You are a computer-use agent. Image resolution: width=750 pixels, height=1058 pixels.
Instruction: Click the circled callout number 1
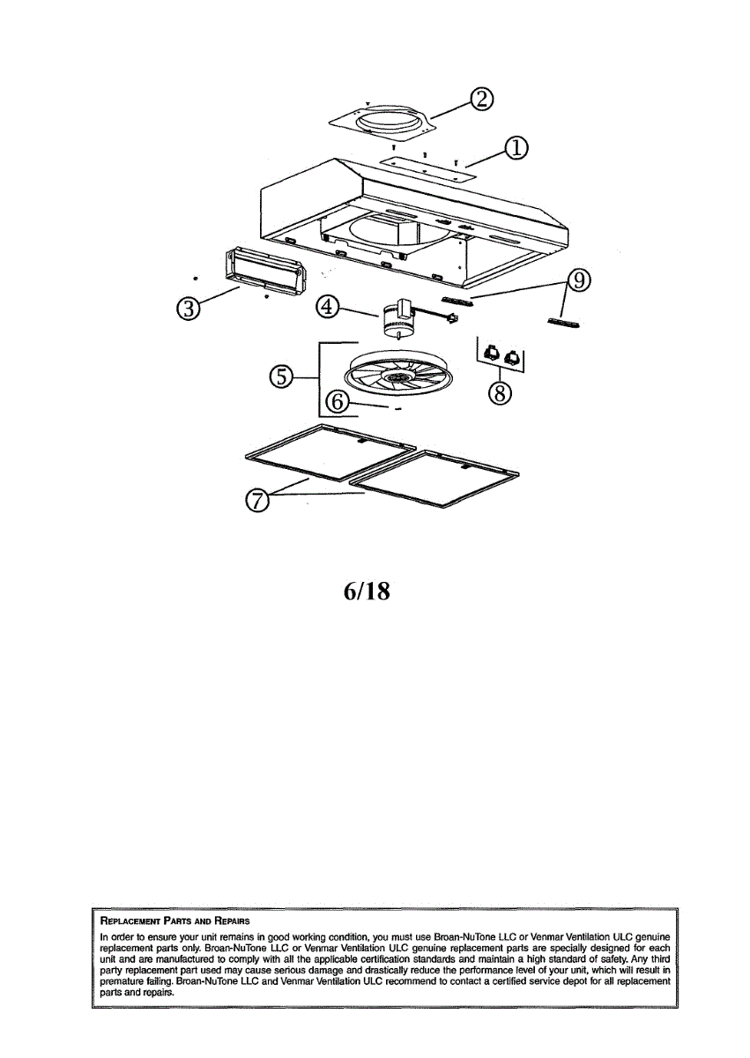[x=515, y=149]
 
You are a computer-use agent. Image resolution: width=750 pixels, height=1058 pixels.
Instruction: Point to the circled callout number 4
[x=328, y=307]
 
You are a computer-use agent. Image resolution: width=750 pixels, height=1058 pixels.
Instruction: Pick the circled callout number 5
[x=280, y=376]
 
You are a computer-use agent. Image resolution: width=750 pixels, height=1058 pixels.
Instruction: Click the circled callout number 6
[x=338, y=401]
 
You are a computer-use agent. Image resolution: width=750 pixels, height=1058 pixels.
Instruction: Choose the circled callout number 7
[x=256, y=500]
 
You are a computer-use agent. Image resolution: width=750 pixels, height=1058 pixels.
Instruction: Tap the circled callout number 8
[x=500, y=393]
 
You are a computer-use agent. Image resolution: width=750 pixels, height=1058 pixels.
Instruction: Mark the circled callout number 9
[x=578, y=280]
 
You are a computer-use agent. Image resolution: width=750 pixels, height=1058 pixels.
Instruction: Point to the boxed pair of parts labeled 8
[x=500, y=356]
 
